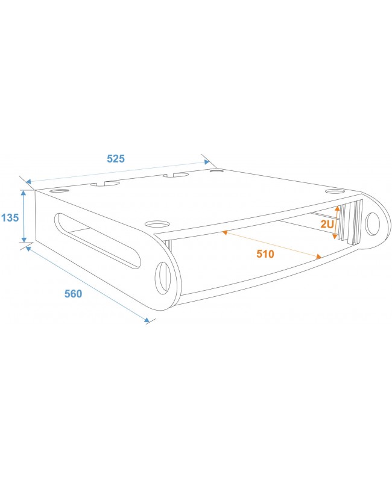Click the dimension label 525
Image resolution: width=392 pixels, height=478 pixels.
coord(115,159)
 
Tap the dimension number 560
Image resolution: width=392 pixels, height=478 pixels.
coord(73,294)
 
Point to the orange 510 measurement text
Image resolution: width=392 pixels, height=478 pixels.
coord(265,253)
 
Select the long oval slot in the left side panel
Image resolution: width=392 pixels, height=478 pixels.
coord(99,239)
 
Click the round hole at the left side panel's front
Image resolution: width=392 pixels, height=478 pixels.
coord(163,278)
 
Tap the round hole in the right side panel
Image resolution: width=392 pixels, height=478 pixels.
coord(374,224)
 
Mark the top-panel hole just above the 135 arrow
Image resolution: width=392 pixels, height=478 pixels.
coord(58,191)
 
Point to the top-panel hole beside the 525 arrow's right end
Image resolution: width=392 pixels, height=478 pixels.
coord(217,171)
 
